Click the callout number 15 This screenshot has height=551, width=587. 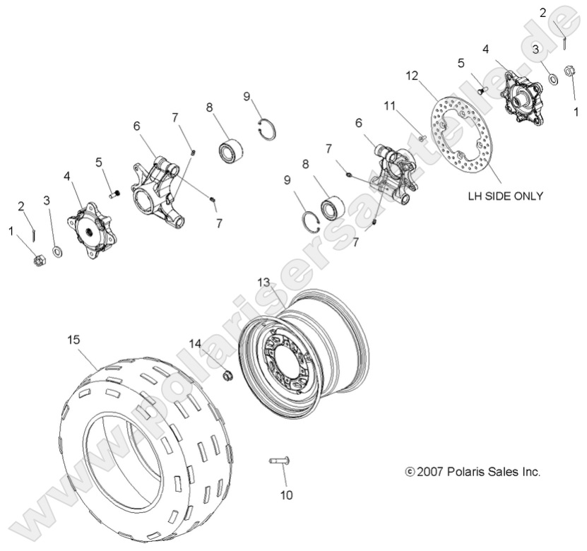[73, 340]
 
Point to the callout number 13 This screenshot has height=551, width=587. [263, 282]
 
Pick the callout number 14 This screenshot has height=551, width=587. [194, 343]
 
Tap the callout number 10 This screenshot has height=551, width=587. [285, 495]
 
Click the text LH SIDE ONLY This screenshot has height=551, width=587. [505, 196]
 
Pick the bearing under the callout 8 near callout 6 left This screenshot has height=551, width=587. [230, 151]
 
